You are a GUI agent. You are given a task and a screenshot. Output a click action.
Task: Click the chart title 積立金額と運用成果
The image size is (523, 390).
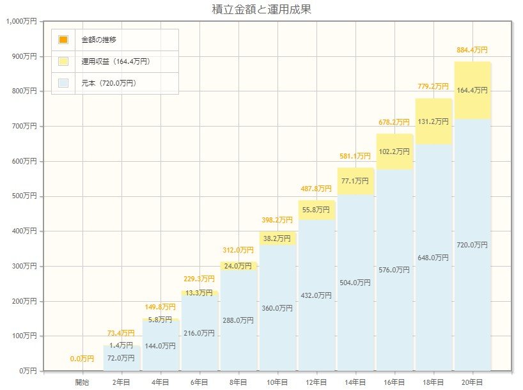(261, 10)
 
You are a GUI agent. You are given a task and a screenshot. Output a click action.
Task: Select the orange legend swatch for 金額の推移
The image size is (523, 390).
(63, 40)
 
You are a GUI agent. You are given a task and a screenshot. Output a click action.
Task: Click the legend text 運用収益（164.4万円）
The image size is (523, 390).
(116, 61)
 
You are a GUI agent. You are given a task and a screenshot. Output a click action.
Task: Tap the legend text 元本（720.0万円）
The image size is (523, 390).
(109, 83)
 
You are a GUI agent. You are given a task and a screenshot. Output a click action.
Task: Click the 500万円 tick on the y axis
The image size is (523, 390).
(26, 196)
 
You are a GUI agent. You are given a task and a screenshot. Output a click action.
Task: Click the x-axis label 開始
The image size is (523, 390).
(82, 382)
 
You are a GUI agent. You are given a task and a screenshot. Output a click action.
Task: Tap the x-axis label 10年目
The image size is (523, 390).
(277, 382)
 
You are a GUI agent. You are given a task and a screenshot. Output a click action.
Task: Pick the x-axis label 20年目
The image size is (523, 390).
(472, 382)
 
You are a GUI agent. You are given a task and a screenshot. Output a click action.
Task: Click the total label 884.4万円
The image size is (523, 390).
(472, 50)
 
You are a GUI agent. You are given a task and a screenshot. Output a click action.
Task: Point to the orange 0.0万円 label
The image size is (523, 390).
(82, 359)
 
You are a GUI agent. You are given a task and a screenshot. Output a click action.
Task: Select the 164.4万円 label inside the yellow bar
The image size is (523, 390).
(472, 90)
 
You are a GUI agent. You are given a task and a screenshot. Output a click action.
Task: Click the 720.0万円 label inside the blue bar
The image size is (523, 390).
(472, 245)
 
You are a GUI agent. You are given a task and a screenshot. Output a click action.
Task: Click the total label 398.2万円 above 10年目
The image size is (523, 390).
(277, 219)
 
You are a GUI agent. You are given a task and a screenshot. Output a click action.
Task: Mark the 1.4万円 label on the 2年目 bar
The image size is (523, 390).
(121, 345)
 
